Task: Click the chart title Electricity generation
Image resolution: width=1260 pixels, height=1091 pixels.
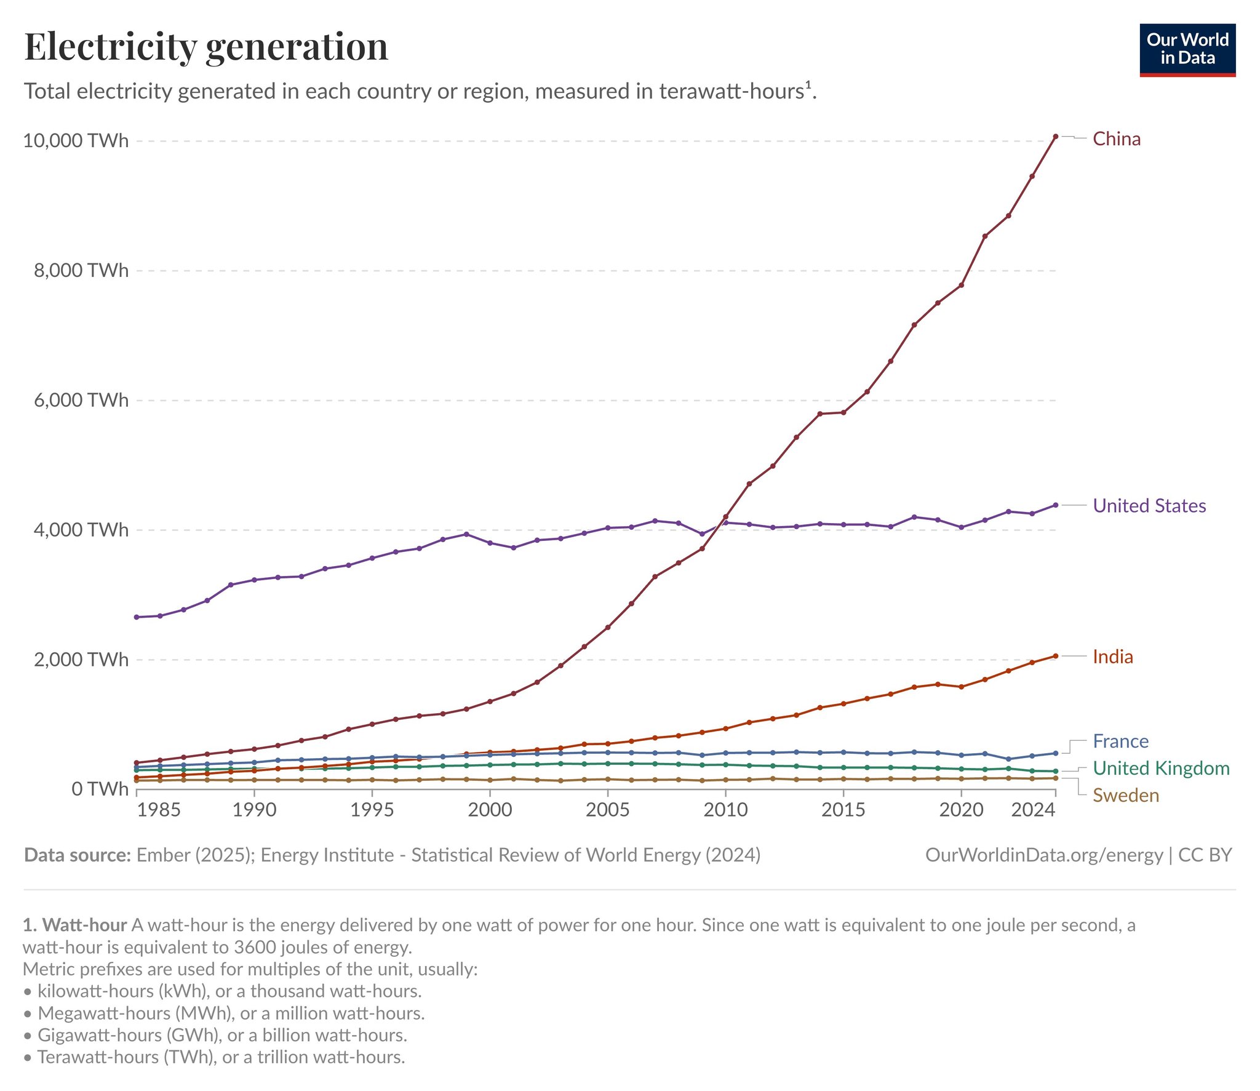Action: tap(206, 47)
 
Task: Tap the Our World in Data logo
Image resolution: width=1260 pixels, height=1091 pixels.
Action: tap(1187, 50)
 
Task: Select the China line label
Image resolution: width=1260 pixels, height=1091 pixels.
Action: tap(1116, 139)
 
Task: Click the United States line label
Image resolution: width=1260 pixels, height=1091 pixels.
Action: tap(1149, 506)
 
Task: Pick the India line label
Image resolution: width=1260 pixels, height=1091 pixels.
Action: tap(1112, 657)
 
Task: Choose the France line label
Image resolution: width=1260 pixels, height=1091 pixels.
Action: tap(1120, 741)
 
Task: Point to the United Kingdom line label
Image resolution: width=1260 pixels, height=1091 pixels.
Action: tap(1161, 769)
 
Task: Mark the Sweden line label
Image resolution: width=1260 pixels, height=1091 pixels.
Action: tap(1125, 796)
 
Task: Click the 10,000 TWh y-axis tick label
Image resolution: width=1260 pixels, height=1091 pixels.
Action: tap(76, 141)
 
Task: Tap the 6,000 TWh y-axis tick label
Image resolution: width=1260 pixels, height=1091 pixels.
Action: tap(81, 401)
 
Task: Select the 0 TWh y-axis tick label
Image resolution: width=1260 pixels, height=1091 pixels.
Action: tap(100, 789)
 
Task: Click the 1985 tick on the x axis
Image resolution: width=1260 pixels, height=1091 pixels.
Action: tap(159, 810)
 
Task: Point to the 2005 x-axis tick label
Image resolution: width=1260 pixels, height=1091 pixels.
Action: tap(607, 810)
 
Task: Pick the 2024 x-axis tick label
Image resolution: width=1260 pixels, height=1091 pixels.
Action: tap(1033, 810)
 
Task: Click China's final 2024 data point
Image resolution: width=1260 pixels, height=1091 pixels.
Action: tap(1056, 137)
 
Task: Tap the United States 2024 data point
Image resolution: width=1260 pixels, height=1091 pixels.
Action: tap(1056, 505)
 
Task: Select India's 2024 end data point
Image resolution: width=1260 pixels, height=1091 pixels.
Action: tap(1056, 656)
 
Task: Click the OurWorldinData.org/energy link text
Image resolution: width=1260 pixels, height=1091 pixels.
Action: tap(1043, 855)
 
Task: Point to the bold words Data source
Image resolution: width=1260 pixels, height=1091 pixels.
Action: tap(78, 855)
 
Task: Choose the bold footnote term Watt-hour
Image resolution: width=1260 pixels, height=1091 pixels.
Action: tap(85, 925)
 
